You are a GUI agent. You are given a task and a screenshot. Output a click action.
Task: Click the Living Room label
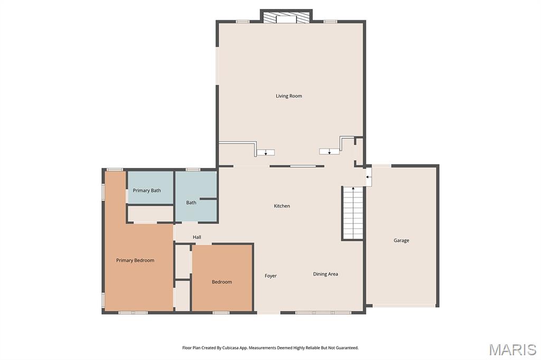click(289, 96)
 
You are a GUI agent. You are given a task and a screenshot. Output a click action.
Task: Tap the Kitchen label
click(282, 206)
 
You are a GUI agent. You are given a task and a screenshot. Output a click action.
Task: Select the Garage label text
click(402, 240)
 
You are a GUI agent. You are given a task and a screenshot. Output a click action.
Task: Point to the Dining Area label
click(325, 274)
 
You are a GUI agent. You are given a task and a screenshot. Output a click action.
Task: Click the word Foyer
click(270, 276)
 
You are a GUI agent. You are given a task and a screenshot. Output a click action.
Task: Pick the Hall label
click(197, 237)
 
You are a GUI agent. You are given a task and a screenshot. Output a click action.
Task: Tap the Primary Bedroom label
click(135, 260)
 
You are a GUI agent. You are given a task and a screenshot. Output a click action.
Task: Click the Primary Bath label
click(147, 191)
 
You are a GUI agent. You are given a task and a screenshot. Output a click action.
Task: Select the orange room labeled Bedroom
click(222, 278)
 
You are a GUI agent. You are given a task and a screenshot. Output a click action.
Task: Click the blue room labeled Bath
click(196, 196)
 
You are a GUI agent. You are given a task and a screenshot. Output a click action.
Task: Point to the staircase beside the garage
click(352, 213)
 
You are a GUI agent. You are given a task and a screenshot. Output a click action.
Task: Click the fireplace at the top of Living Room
click(286, 17)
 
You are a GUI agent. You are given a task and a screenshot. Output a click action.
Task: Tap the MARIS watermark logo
click(512, 349)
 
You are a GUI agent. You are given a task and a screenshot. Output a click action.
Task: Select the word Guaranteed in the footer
click(347, 348)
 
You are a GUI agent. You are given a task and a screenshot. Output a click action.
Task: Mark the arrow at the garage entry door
click(368, 177)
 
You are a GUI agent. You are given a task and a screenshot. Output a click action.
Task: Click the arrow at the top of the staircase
click(352, 189)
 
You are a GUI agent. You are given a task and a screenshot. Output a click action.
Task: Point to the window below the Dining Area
click(323, 313)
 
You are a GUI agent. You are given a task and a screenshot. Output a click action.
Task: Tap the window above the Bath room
click(193, 169)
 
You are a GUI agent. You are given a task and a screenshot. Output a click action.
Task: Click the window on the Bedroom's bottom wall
click(221, 313)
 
